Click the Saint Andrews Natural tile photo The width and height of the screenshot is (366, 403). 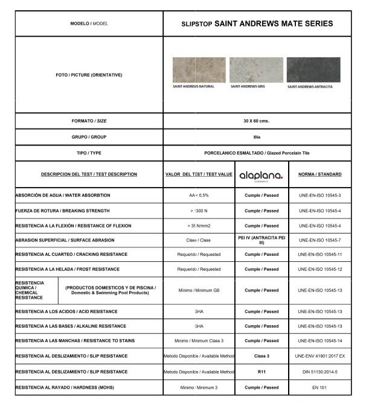tap(199, 70)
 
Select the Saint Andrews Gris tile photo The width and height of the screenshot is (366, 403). tap(255, 70)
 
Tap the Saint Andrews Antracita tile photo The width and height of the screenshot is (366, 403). tap(313, 70)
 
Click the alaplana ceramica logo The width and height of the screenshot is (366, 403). tap(261, 175)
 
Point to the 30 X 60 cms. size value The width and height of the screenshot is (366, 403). tap(256, 121)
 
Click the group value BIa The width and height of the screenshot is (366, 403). tap(256, 137)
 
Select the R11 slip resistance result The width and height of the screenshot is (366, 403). tap(261, 372)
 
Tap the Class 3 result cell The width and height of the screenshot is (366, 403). tap(261, 356)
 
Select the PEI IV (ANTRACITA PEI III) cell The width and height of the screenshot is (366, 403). tap(261, 240)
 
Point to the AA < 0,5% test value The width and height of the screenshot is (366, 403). tap(199, 195)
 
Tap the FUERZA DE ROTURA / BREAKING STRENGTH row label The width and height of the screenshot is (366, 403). tap(63, 211)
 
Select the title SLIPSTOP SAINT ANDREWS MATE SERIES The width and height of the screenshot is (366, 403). tap(257, 24)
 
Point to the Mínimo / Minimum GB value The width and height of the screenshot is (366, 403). tap(199, 290)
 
